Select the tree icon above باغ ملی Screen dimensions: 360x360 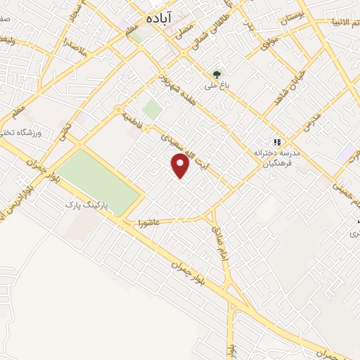217,74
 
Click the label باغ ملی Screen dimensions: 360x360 212,86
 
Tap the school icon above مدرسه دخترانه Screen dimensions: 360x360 276,141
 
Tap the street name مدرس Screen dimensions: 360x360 310,124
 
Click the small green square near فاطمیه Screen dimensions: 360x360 151,109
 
